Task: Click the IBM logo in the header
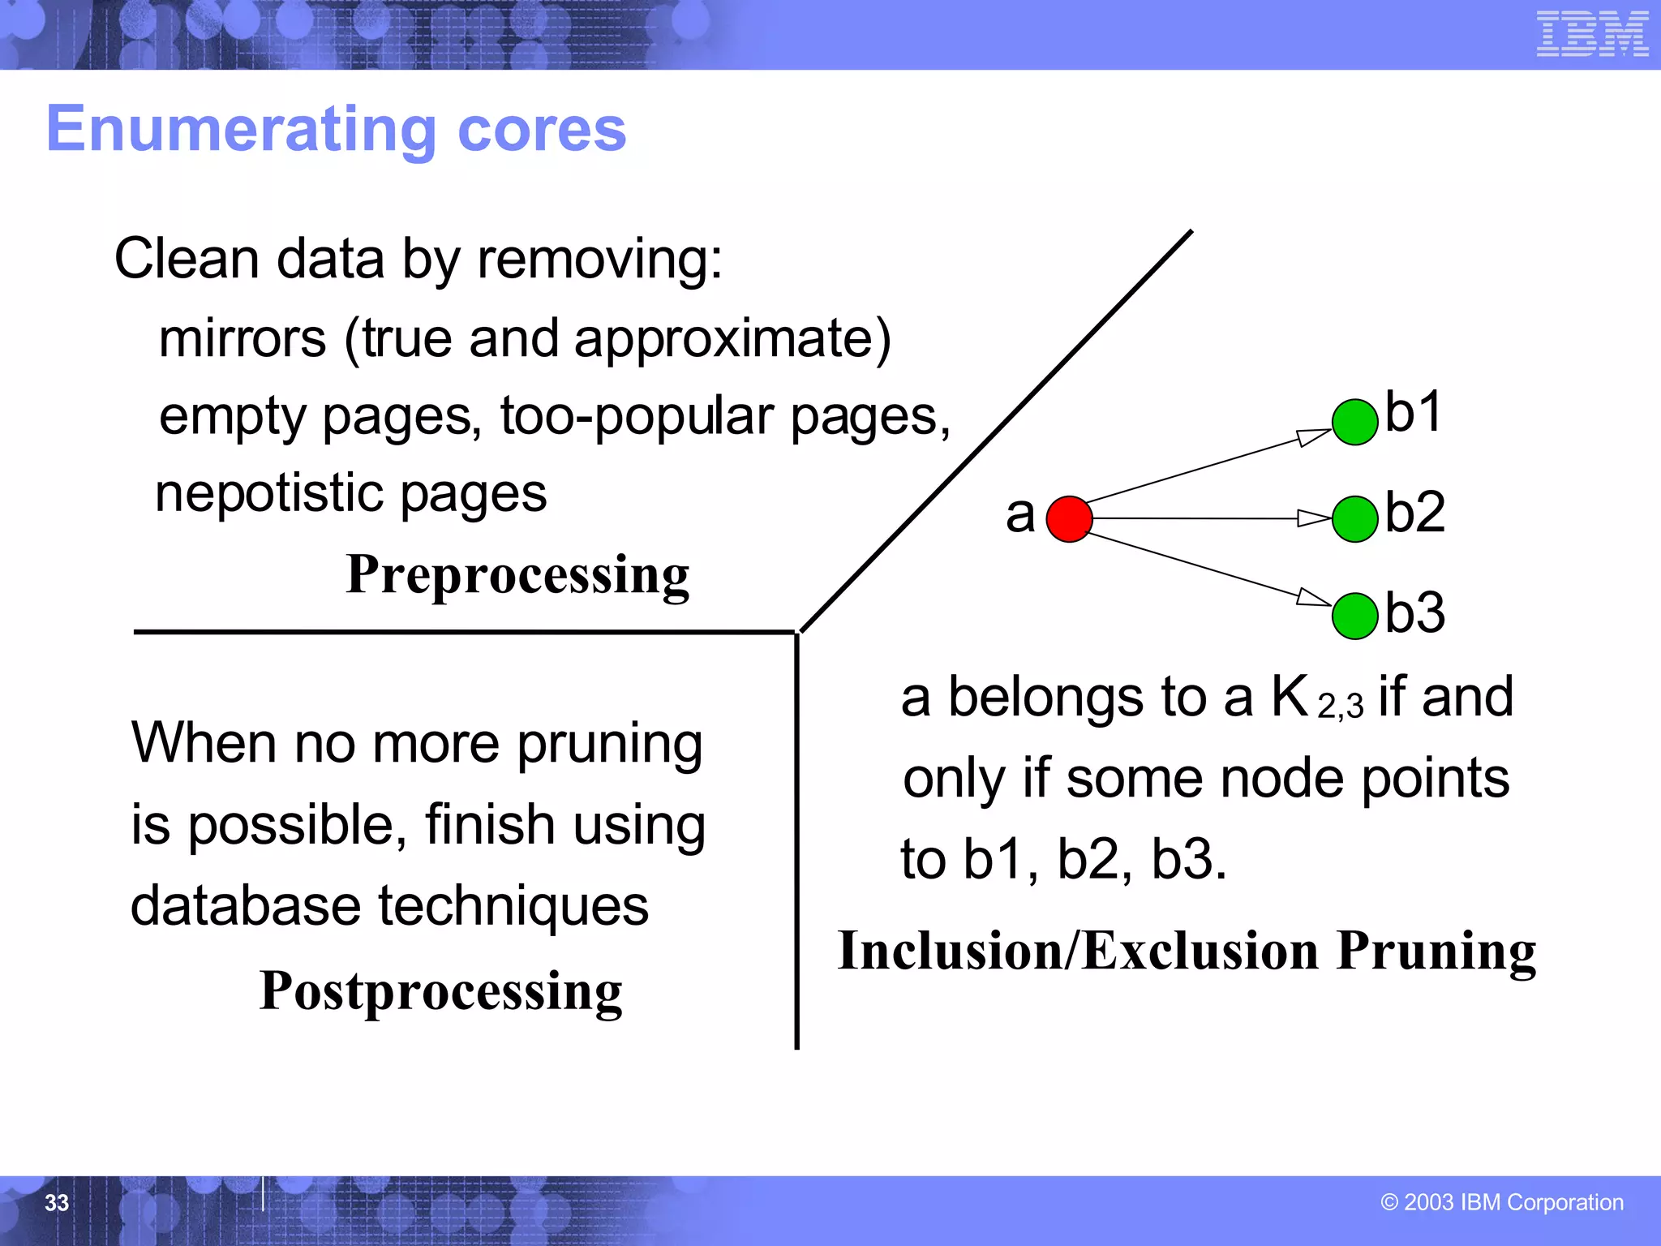1592,34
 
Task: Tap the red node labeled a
1069,519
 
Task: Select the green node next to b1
1354,422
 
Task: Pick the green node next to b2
1354,519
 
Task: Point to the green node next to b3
1354,616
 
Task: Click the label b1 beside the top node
1414,412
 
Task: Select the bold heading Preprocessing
517,574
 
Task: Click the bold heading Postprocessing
440,990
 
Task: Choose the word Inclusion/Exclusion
1078,950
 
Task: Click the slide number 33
57,1202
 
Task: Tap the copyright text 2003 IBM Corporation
1502,1202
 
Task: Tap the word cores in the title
542,129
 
